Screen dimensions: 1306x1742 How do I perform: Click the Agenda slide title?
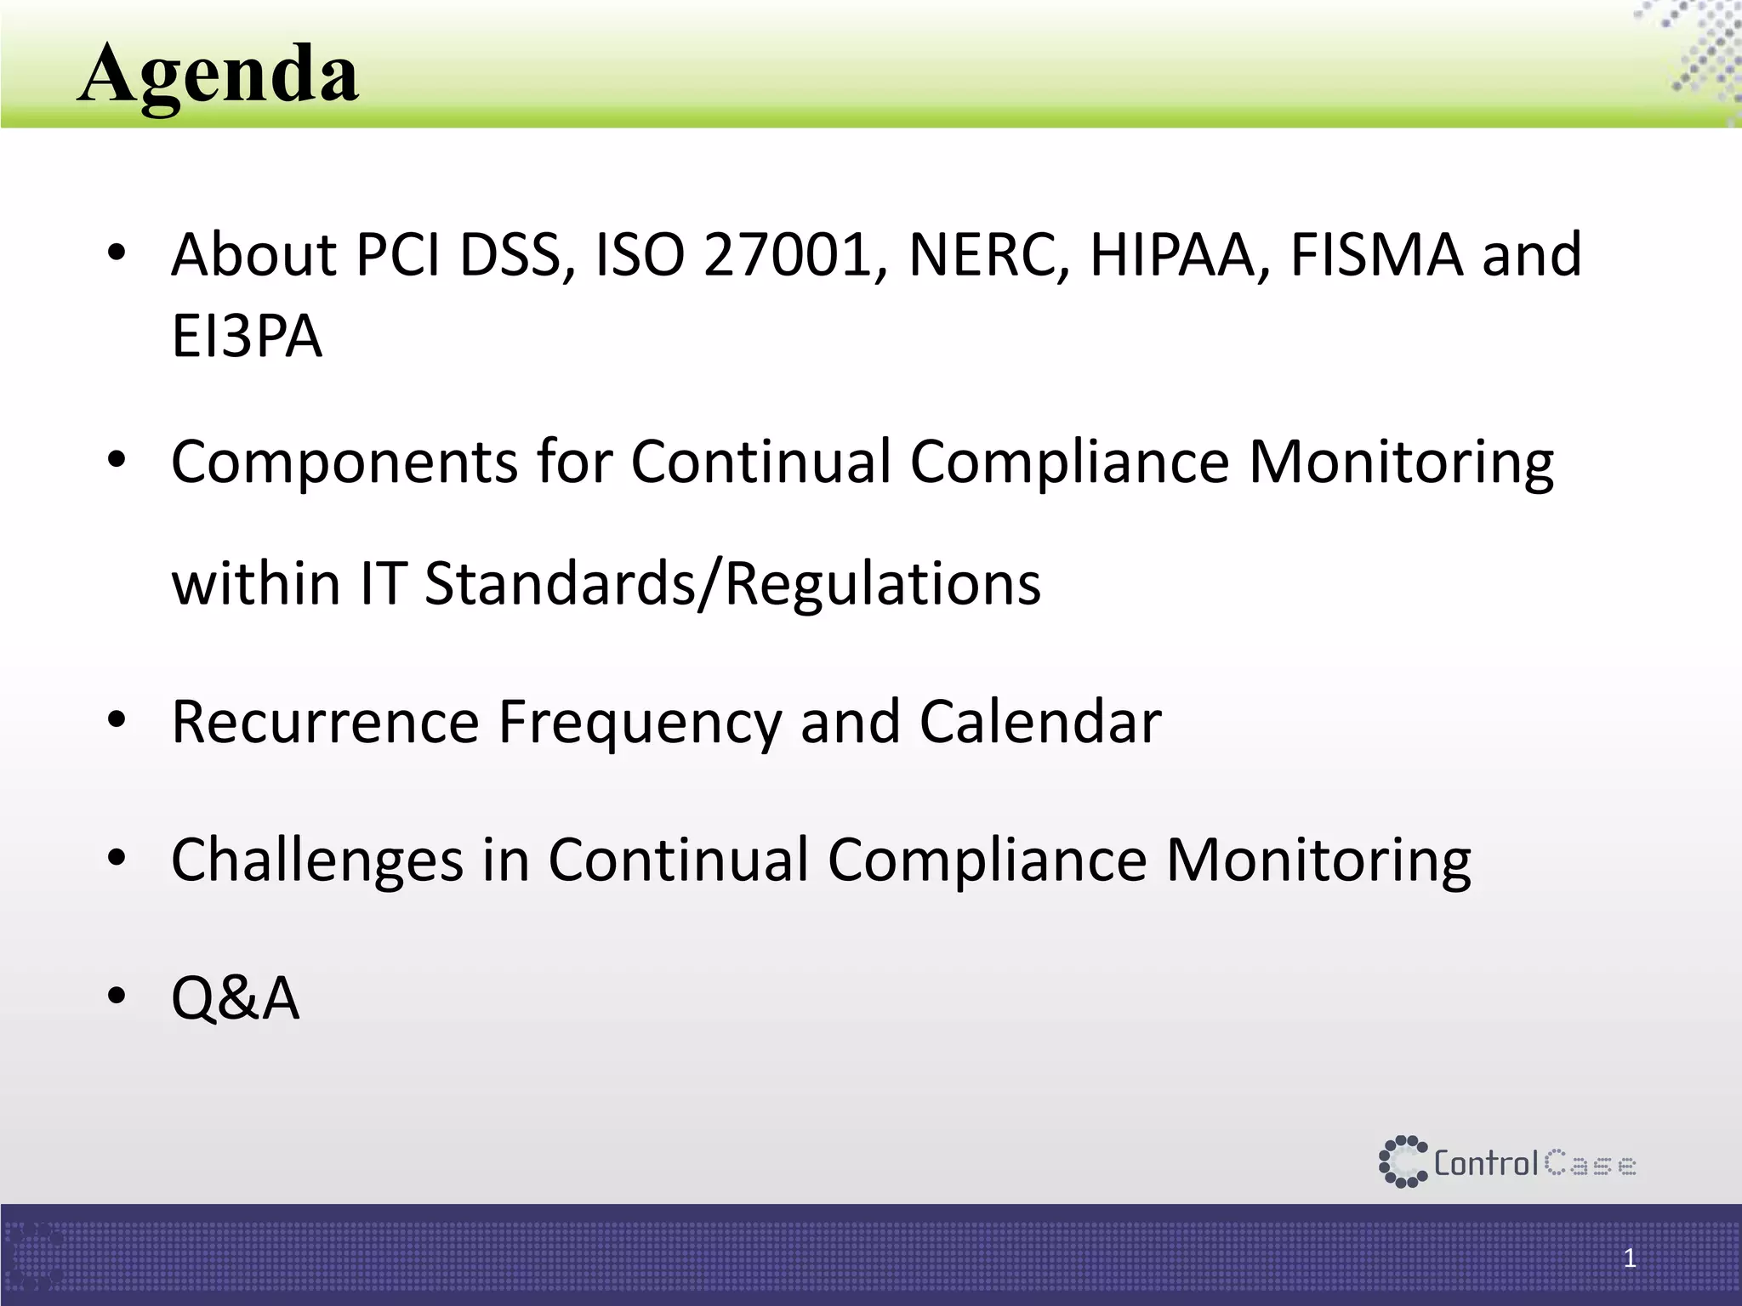pos(219,75)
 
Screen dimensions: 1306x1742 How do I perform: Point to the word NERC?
pos(988,255)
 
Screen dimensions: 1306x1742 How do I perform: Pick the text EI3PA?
pos(247,337)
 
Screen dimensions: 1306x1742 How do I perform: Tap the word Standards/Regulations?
pos(732,584)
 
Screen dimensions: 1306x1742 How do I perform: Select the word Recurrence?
pos(325,722)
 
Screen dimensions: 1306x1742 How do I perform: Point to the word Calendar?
pos(1039,722)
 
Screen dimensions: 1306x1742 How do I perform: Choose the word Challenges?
pos(317,860)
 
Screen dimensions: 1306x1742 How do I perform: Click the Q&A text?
pos(236,998)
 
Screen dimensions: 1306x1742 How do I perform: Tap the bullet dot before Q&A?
pos(117,995)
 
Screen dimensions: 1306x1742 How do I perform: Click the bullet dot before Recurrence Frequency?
pos(117,720)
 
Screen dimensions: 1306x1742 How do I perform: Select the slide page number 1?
pos(1629,1258)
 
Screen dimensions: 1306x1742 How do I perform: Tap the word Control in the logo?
pos(1486,1163)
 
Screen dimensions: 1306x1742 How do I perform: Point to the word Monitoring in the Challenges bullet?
pos(1318,860)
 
